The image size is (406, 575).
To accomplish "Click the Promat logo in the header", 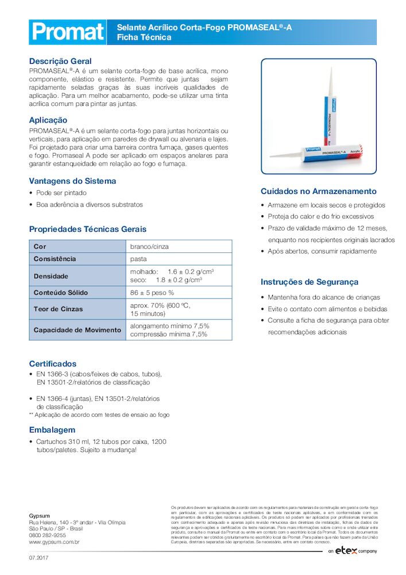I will pos(67,32).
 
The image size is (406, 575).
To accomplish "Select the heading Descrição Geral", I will pos(60,61).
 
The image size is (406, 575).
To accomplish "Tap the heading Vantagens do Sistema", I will pos(72,181).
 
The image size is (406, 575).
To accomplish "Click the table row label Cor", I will pos(40,247).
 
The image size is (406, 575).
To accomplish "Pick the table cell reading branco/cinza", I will pos(149,247).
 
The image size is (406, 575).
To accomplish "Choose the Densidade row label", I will pos(51,276).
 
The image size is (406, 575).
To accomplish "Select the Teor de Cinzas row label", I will pos(58,309).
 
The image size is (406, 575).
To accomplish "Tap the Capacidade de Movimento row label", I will pos(77,330).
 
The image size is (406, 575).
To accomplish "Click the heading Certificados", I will pos(52,364).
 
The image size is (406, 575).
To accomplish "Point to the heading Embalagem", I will pos(52,430).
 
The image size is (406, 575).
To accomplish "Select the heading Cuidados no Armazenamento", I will pos(318,191).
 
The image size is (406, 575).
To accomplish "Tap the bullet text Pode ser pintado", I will pos(61,193).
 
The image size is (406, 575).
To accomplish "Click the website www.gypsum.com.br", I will pos(54,542).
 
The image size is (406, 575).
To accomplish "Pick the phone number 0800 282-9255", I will pos(47,535).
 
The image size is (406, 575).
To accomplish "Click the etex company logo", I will pos(353,551).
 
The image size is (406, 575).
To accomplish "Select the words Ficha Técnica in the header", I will pos(144,37).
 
